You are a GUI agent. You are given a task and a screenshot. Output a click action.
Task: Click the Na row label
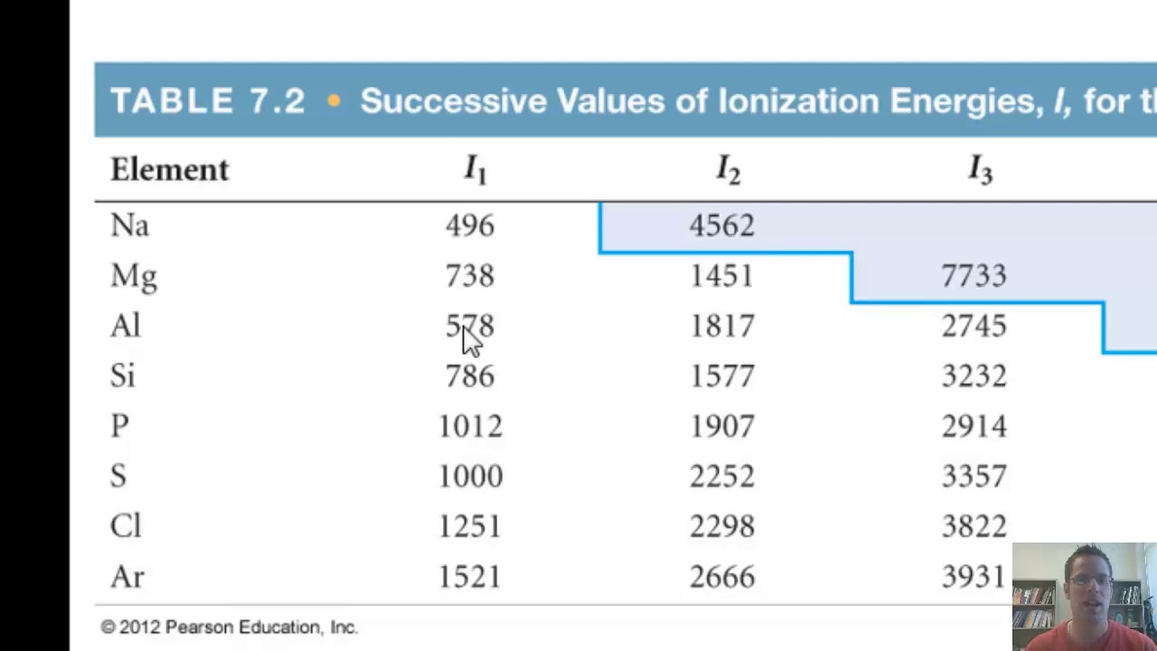click(129, 225)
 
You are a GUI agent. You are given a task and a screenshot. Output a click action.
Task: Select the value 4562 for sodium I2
click(721, 225)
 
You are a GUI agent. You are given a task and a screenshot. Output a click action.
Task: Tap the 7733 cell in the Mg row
click(974, 276)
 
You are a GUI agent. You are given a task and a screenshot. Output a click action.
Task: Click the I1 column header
click(475, 169)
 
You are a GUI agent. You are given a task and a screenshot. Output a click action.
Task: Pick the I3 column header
click(980, 169)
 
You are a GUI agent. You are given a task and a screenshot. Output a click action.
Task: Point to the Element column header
click(169, 169)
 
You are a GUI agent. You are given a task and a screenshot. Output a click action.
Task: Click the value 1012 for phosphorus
click(470, 427)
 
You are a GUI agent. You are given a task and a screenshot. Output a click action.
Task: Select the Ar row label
click(127, 577)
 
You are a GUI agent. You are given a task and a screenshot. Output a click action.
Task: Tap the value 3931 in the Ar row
click(974, 577)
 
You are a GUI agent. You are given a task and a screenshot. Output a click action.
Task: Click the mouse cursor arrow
click(471, 341)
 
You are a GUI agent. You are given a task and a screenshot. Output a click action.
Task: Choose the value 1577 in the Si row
click(721, 376)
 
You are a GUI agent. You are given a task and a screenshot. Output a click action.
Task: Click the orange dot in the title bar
click(334, 101)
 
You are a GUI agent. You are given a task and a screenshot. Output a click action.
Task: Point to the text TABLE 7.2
click(207, 101)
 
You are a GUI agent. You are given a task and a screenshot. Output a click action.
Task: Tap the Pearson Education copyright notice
click(229, 627)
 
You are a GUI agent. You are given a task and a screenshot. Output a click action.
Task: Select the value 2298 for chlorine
click(721, 527)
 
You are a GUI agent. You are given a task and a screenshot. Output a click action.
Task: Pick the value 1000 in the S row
click(470, 476)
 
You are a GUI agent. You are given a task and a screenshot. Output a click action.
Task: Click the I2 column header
click(728, 169)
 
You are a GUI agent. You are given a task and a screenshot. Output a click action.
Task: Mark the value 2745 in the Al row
click(974, 326)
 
